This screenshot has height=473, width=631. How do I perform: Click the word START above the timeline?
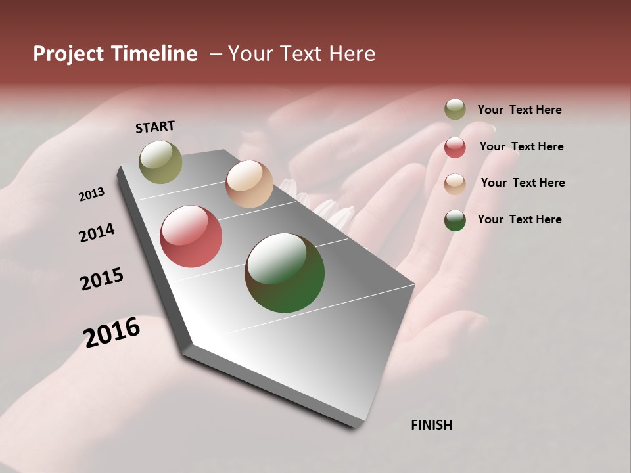click(x=155, y=127)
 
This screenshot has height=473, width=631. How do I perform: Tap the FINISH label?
click(x=432, y=425)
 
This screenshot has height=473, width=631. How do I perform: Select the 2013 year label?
click(x=91, y=194)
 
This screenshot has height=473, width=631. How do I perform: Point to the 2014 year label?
click(x=97, y=233)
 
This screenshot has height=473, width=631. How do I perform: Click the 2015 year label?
click(x=102, y=279)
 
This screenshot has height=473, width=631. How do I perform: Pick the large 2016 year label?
click(x=112, y=332)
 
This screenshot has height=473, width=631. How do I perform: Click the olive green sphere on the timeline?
click(x=160, y=162)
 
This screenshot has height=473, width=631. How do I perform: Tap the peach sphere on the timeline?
click(x=249, y=184)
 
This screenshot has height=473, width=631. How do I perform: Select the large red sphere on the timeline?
click(x=191, y=236)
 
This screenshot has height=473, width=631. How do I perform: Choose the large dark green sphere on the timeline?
click(x=285, y=273)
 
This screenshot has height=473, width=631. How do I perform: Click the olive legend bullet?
click(x=455, y=109)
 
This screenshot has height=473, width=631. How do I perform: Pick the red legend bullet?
click(x=455, y=147)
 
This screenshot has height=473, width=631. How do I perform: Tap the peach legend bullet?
click(x=455, y=183)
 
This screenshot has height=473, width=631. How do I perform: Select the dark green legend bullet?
click(x=455, y=220)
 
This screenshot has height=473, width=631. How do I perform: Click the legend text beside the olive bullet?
click(x=520, y=110)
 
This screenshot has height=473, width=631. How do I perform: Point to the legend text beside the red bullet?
click(x=522, y=146)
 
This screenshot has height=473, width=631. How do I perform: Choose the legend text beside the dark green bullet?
click(x=520, y=219)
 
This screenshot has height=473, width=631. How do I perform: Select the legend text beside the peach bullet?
click(x=523, y=183)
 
